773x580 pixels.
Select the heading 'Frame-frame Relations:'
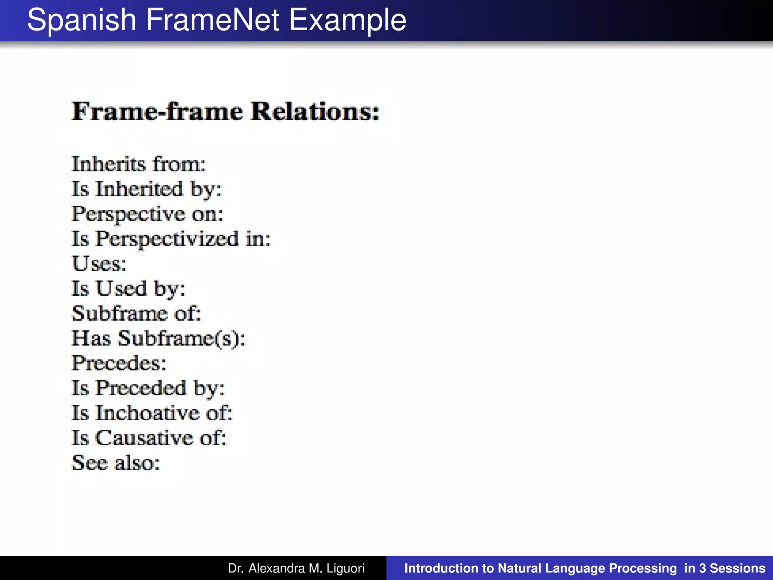[225, 111]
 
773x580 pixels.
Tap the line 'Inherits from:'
[139, 164]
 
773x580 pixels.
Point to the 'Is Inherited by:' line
[146, 189]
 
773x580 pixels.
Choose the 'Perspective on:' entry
[148, 214]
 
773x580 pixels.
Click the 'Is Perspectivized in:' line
[171, 239]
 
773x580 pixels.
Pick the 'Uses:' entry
[99, 264]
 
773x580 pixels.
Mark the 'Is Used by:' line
[129, 289]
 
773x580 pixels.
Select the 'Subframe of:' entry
[136, 313]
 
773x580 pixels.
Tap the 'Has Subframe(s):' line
[159, 338]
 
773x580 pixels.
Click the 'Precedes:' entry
[119, 363]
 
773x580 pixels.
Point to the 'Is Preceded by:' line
[148, 388]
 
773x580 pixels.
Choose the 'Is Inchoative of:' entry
[152, 413]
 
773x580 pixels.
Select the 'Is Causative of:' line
[149, 438]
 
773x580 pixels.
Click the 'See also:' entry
[116, 463]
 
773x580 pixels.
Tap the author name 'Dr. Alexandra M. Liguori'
[296, 568]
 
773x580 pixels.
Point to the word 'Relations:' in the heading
[315, 111]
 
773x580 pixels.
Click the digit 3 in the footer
[702, 568]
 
